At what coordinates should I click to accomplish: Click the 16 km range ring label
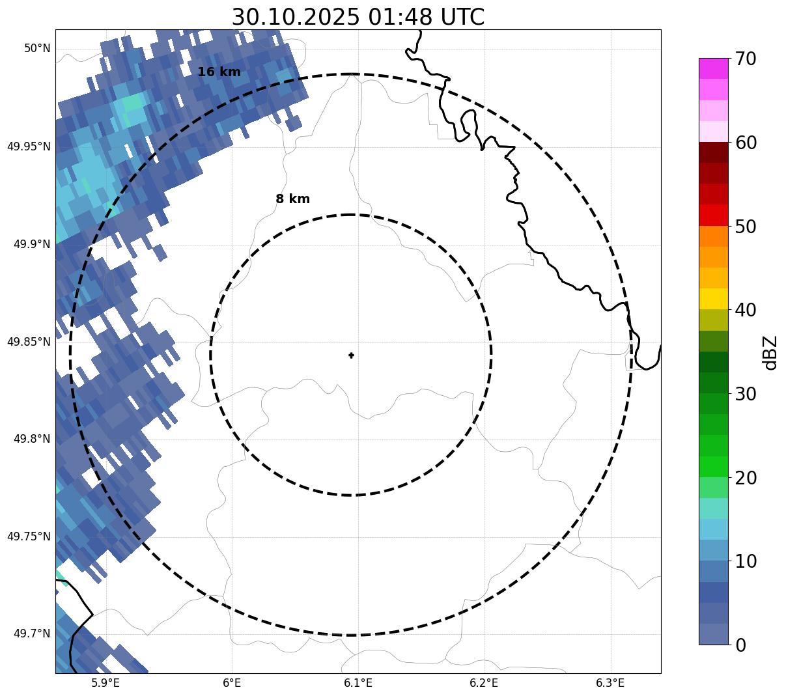[219, 72]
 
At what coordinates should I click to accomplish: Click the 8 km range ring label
[292, 199]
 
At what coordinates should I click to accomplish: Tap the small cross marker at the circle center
[352, 355]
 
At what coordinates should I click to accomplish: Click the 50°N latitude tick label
[37, 49]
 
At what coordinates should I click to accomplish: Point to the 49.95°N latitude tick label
[29, 146]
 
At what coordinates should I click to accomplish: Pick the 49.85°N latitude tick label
[29, 342]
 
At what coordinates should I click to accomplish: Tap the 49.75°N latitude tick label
[29, 536]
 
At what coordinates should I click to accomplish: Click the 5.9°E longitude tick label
[105, 683]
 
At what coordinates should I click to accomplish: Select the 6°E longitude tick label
[232, 683]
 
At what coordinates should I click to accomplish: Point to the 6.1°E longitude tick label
[358, 683]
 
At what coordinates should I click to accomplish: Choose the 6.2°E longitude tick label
[484, 683]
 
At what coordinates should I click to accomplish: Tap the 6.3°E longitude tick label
[610, 683]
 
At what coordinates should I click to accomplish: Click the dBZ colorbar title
[770, 353]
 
